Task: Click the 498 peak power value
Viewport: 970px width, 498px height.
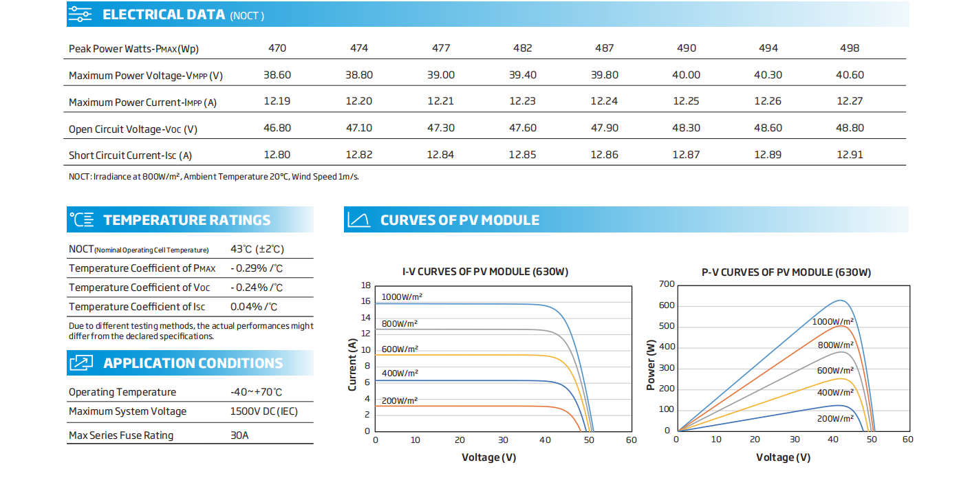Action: tap(850, 48)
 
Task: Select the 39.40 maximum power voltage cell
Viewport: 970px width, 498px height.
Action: tap(523, 75)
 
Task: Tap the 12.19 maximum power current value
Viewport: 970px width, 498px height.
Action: tap(277, 101)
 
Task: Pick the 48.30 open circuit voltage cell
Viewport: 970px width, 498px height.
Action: tap(686, 128)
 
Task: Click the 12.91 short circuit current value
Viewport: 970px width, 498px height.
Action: tap(850, 155)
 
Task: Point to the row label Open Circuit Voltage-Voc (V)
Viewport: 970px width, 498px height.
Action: tap(133, 129)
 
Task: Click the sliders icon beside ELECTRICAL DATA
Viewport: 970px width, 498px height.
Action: tap(80, 14)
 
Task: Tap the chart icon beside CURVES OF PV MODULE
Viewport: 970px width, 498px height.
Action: tap(359, 219)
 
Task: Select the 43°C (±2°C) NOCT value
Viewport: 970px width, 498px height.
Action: tap(257, 249)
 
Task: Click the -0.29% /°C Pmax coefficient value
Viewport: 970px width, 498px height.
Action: tap(257, 268)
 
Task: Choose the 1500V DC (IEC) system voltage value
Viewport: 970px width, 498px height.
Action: tap(263, 411)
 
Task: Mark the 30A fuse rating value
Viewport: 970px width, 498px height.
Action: tap(239, 435)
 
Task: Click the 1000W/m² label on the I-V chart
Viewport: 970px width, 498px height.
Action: tap(402, 296)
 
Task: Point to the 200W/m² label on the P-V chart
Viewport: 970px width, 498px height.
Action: tap(835, 418)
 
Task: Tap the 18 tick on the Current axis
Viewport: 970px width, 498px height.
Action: tap(366, 285)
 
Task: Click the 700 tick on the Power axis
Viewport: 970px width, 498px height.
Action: tap(667, 284)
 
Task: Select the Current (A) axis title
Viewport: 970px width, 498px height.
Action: tap(352, 365)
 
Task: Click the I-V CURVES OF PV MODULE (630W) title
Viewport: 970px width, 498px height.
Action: tap(485, 272)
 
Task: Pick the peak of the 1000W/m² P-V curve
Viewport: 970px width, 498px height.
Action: tap(841, 300)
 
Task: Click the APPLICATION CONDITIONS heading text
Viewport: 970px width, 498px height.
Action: tap(193, 363)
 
